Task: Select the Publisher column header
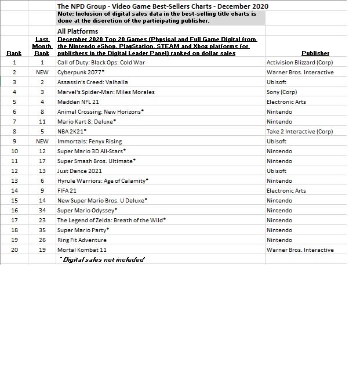point(315,53)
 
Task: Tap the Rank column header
point(14,53)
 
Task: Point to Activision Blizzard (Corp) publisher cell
point(300,63)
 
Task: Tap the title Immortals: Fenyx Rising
point(90,142)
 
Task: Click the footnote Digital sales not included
point(102,259)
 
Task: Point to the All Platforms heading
point(78,31)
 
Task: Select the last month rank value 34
point(42,211)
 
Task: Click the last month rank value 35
point(42,230)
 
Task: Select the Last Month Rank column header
point(42,46)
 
